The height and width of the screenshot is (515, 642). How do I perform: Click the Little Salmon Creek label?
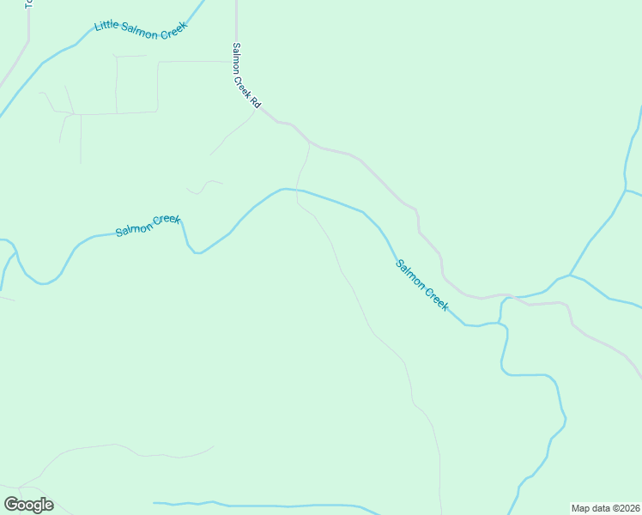[x=141, y=27]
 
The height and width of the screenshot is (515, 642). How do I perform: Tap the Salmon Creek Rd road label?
[x=245, y=76]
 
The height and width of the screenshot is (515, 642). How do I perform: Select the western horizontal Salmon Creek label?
[x=148, y=226]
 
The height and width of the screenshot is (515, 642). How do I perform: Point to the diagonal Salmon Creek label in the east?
[x=421, y=284]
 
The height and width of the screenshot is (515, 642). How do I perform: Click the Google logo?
[x=28, y=505]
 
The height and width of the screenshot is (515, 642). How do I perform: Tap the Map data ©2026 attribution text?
[x=606, y=507]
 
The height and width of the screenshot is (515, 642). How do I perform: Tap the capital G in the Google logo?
[x=11, y=505]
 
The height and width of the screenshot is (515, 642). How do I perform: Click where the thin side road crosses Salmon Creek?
[x=298, y=190]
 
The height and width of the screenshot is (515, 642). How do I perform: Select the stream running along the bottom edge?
[x=257, y=506]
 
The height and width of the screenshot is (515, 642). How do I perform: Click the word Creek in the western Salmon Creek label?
[x=167, y=221]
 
